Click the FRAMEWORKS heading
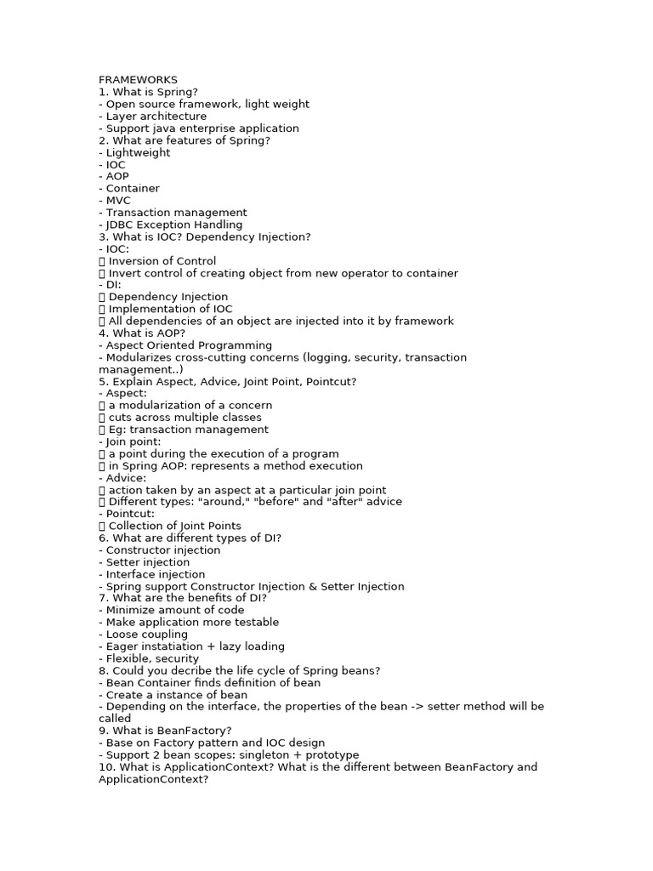138,80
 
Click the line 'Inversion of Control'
162,261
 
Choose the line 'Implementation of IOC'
170,309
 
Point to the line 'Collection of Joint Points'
175,526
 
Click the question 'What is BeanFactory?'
165,731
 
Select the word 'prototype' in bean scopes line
332,754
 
